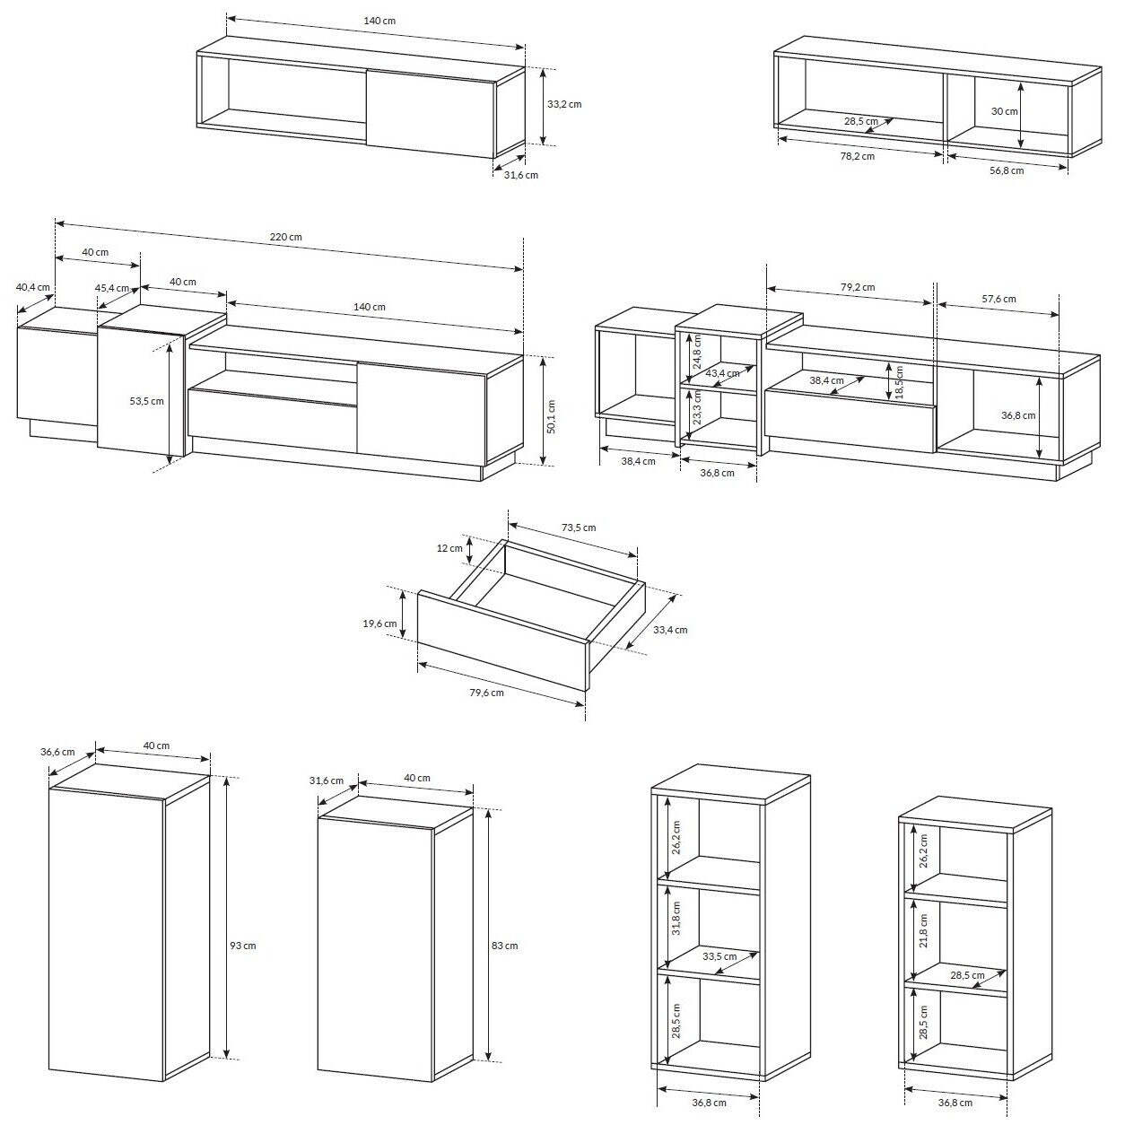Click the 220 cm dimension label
[285, 237]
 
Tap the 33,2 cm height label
[564, 104]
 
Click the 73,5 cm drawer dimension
[579, 528]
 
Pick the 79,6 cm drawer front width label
[486, 693]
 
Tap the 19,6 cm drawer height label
[379, 624]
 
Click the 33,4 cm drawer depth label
[670, 630]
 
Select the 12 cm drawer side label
[449, 548]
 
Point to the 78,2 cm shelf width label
[857, 156]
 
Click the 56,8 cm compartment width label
[1007, 170]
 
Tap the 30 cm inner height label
[1004, 111]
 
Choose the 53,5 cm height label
[146, 401]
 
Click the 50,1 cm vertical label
[551, 417]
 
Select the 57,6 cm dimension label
[999, 299]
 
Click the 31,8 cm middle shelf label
[676, 919]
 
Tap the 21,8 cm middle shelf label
[923, 930]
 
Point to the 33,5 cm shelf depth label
[719, 956]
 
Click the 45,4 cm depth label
[112, 288]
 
